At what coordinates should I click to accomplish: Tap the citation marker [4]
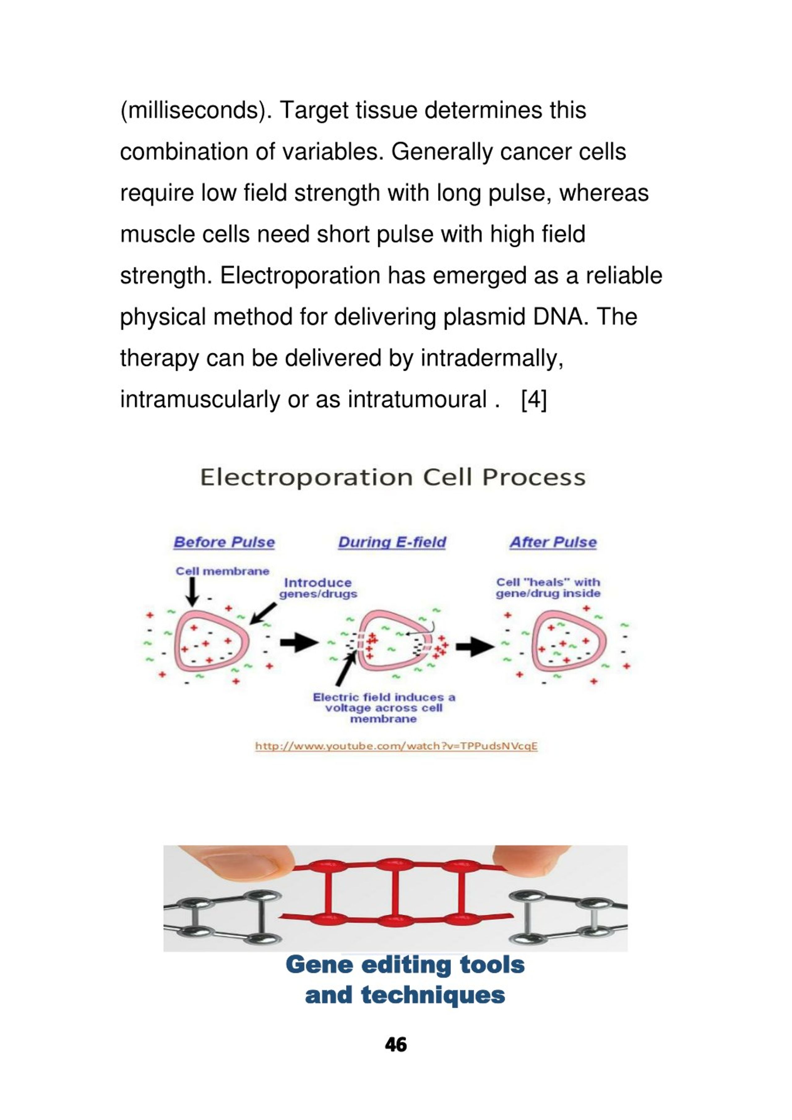pyautogui.click(x=534, y=400)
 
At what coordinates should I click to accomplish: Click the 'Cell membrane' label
pyautogui.click(x=222, y=571)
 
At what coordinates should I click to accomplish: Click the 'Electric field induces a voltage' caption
pyautogui.click(x=384, y=708)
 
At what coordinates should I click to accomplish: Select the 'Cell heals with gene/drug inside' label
pyautogui.click(x=548, y=588)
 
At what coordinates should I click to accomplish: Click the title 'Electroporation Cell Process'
pyautogui.click(x=393, y=477)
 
